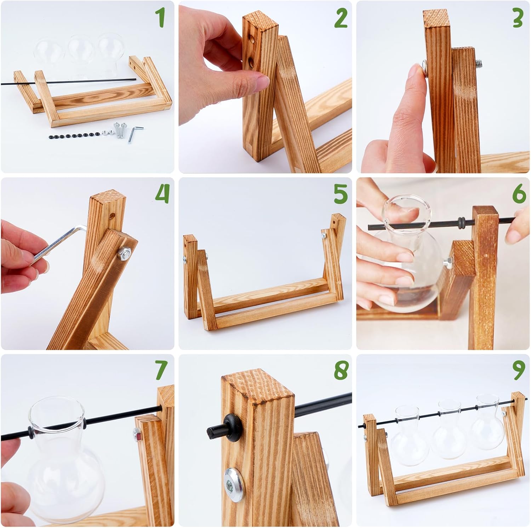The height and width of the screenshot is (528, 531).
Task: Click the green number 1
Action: coord(161,17)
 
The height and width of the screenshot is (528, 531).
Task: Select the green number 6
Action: coord(519,194)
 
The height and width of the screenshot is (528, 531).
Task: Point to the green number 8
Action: coord(341,370)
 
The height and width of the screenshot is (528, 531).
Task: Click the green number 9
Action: coord(519,370)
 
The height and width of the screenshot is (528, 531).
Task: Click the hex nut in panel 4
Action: coord(125,253)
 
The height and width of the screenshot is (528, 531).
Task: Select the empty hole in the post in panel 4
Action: coord(112,215)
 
